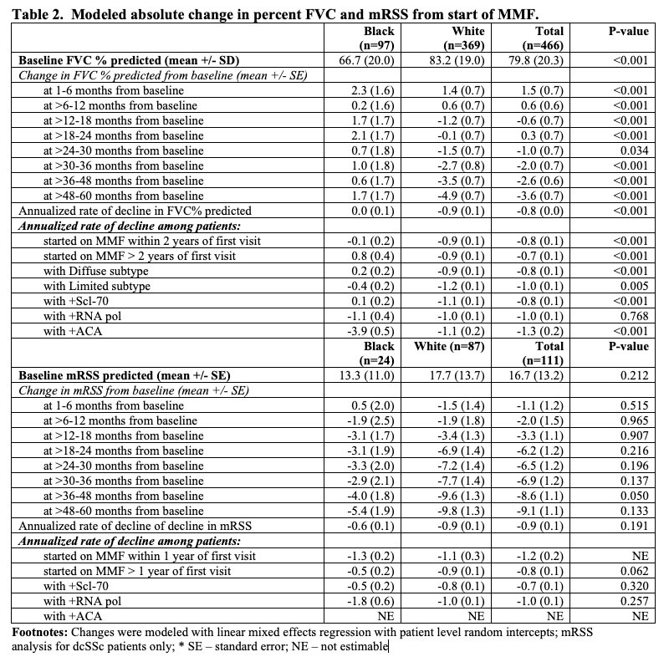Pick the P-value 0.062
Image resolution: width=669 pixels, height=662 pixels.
point(630,570)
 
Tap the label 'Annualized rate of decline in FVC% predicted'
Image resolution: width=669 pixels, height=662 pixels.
point(135,211)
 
